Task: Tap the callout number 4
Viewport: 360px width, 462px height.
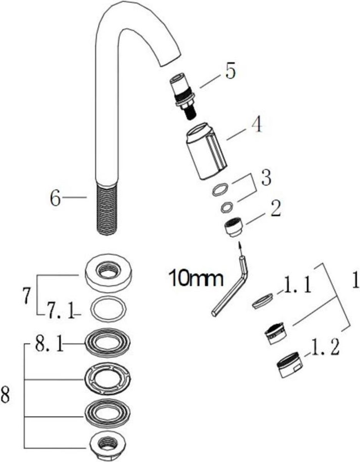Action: (x=257, y=125)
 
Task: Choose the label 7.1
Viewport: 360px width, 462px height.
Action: (x=60, y=312)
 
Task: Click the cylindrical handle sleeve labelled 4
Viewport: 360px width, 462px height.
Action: (x=206, y=151)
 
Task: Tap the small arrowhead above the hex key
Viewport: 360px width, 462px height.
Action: (x=240, y=246)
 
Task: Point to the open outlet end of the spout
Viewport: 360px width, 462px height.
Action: (x=171, y=60)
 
